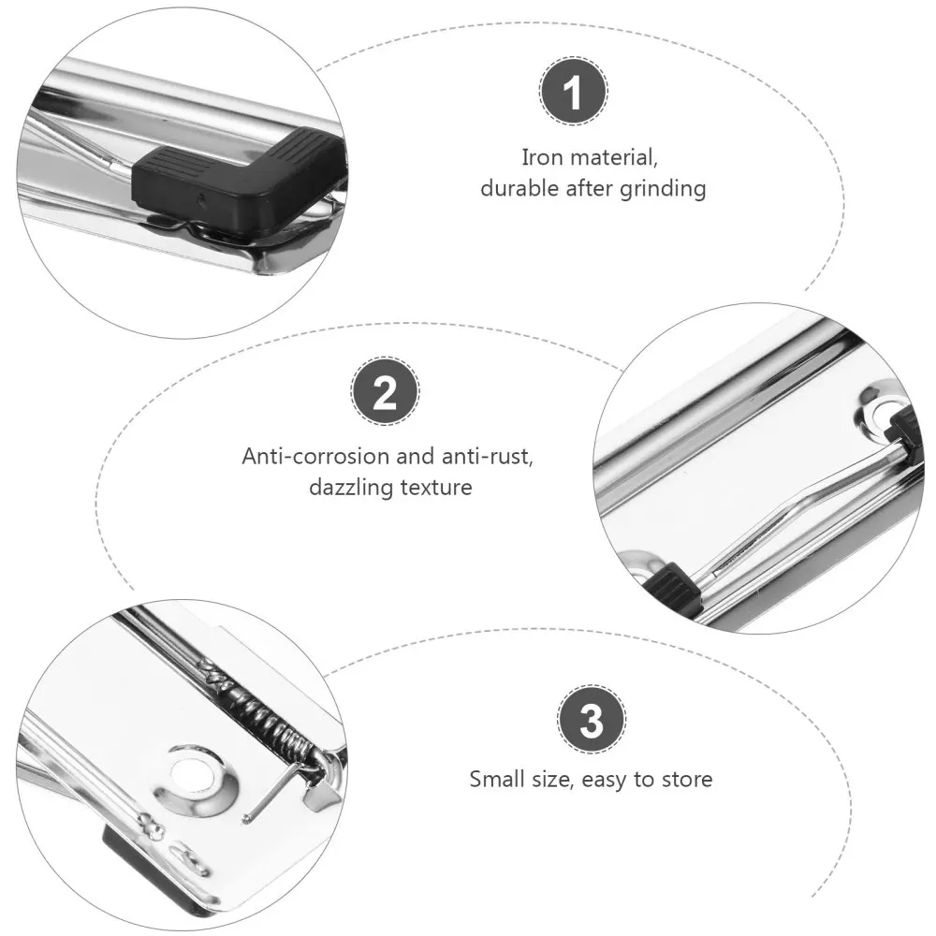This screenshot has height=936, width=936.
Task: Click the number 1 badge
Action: (574, 93)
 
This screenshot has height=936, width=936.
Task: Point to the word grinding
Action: (663, 188)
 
